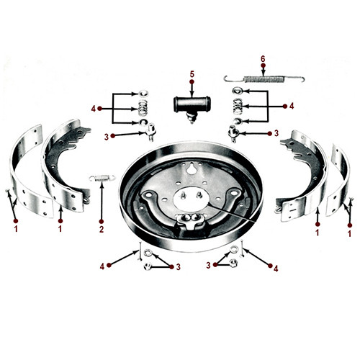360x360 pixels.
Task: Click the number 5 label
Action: pyautogui.click(x=192, y=73)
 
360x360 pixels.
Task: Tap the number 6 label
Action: pyautogui.click(x=263, y=58)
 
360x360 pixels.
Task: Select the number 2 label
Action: pyautogui.click(x=102, y=230)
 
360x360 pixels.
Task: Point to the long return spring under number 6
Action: pyautogui.click(x=264, y=78)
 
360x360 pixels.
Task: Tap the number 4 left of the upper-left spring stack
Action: pyautogui.click(x=93, y=108)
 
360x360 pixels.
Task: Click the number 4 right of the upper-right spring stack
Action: pyautogui.click(x=291, y=106)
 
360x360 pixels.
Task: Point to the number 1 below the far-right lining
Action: pyautogui.click(x=350, y=233)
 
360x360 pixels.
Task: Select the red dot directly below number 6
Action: pyautogui.click(x=263, y=67)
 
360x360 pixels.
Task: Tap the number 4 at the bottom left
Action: pyautogui.click(x=102, y=266)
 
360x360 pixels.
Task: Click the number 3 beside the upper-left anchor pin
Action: pyautogui.click(x=106, y=136)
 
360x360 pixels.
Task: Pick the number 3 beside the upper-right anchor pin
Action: pyautogui.click(x=276, y=133)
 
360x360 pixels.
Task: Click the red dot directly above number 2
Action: pyautogui.click(x=102, y=220)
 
